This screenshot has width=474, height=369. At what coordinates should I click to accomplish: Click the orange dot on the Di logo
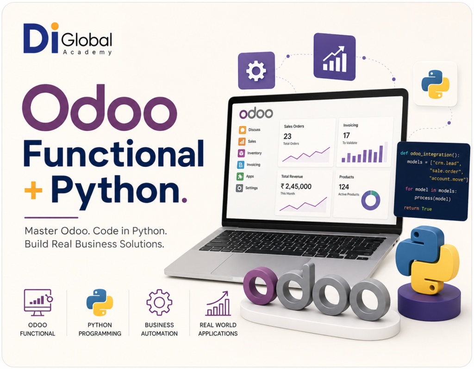point(55,26)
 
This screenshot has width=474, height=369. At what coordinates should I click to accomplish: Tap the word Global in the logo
point(87,40)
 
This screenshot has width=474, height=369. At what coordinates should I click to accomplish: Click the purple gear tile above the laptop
point(256,70)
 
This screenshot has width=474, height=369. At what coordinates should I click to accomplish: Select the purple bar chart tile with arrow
point(334,57)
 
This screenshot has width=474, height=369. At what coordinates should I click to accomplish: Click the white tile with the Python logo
point(435,84)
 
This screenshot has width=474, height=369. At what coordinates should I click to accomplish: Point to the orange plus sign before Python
point(33,190)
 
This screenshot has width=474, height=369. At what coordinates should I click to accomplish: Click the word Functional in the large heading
point(114,154)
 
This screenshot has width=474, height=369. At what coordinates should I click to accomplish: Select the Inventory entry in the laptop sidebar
point(250,153)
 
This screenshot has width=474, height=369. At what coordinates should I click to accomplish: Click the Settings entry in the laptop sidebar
point(247,188)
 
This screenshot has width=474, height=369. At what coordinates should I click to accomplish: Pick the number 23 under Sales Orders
point(287,136)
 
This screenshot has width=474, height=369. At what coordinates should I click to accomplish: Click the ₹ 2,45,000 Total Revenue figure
point(296,186)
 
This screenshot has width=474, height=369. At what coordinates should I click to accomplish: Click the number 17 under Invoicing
point(346,135)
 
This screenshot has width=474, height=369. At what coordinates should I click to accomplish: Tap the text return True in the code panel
point(418,208)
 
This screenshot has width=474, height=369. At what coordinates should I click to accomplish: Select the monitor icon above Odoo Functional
point(38,302)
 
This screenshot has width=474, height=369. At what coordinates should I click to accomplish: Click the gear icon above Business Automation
point(159,302)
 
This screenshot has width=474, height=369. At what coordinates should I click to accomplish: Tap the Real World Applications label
point(218,329)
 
